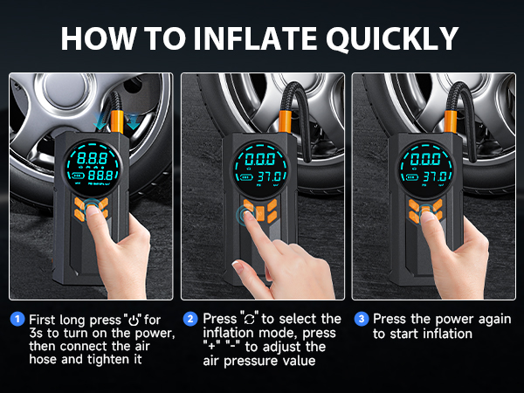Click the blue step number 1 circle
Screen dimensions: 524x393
point(17,319)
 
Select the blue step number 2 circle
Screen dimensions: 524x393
point(190,319)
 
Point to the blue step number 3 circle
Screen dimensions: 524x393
point(362,319)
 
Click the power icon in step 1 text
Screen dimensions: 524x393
point(134,321)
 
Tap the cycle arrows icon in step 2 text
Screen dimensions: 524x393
point(249,320)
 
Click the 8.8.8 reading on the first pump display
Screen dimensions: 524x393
point(93,158)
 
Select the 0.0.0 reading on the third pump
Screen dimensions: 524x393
point(425,159)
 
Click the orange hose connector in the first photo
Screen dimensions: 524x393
point(117,121)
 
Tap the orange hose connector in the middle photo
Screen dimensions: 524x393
point(285,123)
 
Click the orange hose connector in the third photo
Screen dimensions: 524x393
point(450,122)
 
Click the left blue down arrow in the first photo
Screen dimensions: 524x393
point(100,121)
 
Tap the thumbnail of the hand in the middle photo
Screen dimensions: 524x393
point(237,264)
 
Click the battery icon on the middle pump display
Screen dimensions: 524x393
point(246,177)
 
